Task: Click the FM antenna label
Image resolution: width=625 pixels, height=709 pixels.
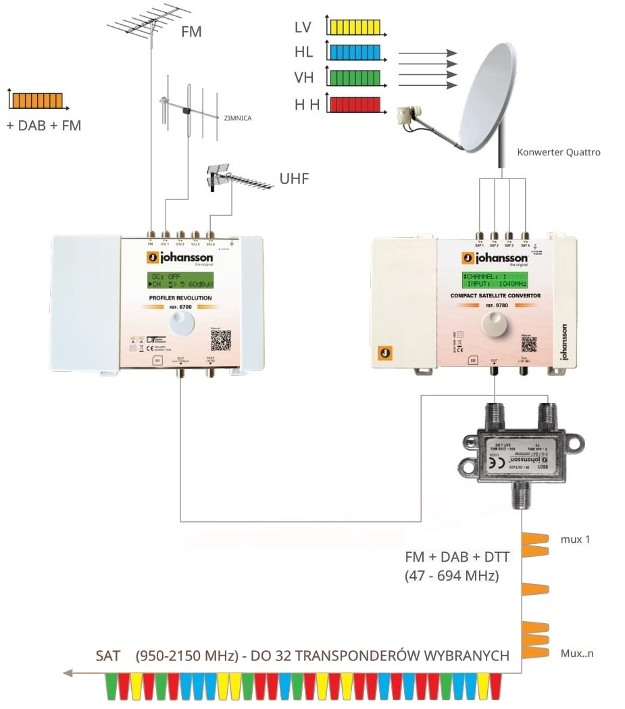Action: pos(191,31)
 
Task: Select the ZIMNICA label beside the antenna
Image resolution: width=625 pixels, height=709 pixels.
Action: pos(234,118)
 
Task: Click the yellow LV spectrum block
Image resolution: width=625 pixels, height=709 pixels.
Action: pos(353,27)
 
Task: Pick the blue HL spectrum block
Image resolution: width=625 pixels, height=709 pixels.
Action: pos(353,53)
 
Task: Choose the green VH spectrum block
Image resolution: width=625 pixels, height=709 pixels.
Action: pos(353,78)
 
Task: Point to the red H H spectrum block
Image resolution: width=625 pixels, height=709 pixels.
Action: pos(353,105)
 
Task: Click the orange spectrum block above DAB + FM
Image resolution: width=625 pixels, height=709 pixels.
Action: pos(38,101)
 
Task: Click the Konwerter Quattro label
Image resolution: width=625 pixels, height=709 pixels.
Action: pos(558,153)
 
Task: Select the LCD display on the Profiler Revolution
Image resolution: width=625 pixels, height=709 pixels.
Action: pos(180,280)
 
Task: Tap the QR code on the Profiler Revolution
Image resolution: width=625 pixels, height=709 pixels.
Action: pos(221,340)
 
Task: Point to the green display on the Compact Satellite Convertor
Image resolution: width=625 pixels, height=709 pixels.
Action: pos(493,280)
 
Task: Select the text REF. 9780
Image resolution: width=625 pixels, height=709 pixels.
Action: pos(494,305)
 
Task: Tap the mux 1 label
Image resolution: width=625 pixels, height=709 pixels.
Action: pos(575,540)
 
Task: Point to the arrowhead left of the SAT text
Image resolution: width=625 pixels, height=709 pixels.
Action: pos(66,673)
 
